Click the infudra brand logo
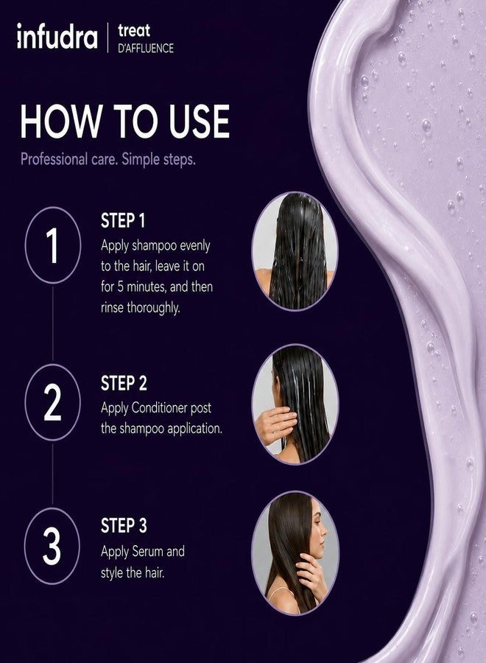coord(57,36)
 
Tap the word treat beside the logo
coord(134,30)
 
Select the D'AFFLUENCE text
coord(146,48)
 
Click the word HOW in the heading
coord(61,122)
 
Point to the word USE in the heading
coord(199,122)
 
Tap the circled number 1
coord(53,245)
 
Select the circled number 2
coord(53,402)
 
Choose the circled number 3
coord(52,546)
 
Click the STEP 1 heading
coord(122,221)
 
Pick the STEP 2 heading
coord(124,383)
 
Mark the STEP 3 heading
coord(124,525)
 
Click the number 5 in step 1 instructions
coord(121,287)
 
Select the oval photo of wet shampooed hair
coord(295,252)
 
